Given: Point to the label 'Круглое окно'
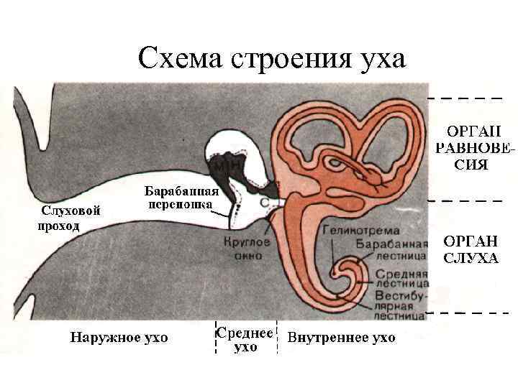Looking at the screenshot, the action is pyautogui.click(x=247, y=249).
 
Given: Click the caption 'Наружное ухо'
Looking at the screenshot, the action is pyautogui.click(x=119, y=337).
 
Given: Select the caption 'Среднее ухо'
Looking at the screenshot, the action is pyautogui.click(x=245, y=340).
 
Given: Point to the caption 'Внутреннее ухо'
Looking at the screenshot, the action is pyautogui.click(x=341, y=337).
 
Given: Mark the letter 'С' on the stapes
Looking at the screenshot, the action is pyautogui.click(x=265, y=203).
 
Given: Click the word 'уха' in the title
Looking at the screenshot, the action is pyautogui.click(x=378, y=57).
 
